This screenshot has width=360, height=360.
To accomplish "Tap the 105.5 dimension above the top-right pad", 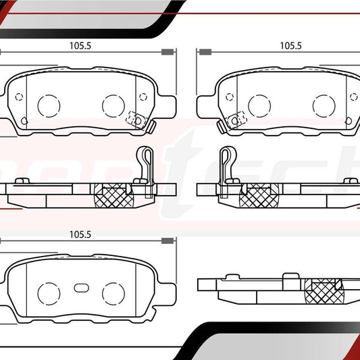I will coord(290,46).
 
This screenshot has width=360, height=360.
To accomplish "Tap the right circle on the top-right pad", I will coord(324,104).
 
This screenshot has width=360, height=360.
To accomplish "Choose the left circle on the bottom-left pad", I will coord(48,292).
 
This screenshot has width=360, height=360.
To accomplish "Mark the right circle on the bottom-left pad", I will coord(113,292).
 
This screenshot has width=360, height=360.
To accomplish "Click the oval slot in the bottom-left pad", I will coord(80,286).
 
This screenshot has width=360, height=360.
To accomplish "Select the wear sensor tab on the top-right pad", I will coord(233,120).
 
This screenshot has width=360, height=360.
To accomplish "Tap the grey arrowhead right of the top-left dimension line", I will coord(168,52).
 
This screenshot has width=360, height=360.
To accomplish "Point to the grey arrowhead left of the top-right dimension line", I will coord(203,52).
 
